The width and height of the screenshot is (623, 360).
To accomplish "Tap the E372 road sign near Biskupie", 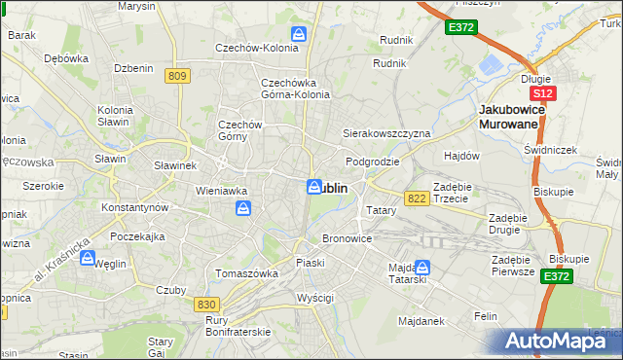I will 557,276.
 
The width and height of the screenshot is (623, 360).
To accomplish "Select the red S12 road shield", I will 543,93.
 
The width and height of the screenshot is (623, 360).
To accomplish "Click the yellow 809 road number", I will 176,76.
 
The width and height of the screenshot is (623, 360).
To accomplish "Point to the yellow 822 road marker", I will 418,198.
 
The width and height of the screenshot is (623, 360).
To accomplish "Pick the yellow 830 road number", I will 205,305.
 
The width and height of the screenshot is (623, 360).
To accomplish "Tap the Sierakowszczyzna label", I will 385,132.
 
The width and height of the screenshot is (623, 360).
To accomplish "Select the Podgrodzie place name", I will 372,162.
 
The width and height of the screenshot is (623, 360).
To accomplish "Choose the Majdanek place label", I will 421,320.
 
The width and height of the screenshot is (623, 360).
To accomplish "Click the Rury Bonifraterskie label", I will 238,326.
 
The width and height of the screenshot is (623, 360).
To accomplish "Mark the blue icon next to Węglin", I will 88,259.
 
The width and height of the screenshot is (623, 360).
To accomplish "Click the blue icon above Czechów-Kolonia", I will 299,34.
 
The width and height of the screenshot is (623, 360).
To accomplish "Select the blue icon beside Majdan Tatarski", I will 423,266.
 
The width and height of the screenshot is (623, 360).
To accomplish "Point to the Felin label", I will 486,316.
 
